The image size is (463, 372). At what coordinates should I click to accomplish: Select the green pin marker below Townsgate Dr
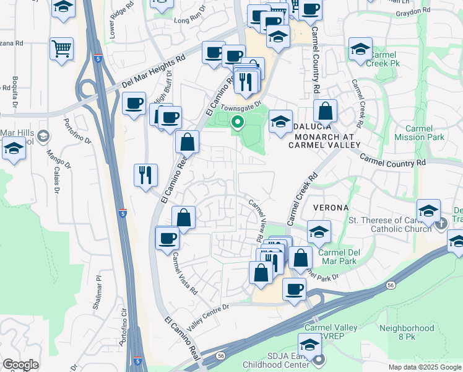point(236,122)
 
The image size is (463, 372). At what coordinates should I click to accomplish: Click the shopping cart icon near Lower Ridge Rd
point(61,48)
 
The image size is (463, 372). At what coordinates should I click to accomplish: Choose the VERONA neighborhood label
point(331,206)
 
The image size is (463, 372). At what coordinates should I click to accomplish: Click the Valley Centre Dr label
point(208,314)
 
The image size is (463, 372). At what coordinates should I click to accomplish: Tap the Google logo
point(20,365)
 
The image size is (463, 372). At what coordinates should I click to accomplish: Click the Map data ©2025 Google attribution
point(423,367)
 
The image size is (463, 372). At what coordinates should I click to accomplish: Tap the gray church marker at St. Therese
point(441,221)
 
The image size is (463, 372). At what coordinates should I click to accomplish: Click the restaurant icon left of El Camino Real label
point(146,175)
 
